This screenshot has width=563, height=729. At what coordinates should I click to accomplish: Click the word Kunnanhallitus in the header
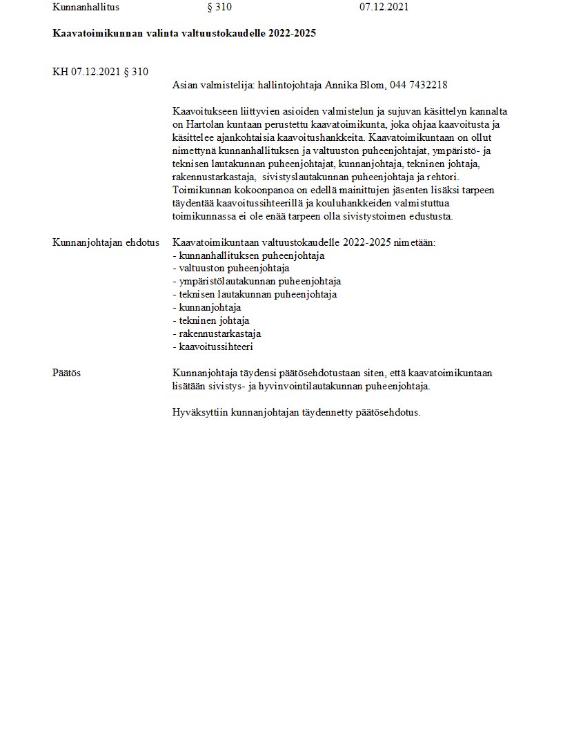coord(86,8)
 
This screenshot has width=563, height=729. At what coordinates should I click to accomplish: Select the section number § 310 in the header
coord(219,8)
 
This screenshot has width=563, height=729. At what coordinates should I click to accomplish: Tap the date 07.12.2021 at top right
coord(384,8)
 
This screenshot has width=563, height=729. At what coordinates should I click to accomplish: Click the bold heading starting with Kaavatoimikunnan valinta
coord(184,33)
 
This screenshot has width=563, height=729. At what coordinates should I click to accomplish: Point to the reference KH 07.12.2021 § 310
coord(100,72)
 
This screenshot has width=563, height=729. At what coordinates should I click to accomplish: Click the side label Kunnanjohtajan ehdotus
coord(106,242)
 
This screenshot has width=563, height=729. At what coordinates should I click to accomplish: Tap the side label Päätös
coord(67,373)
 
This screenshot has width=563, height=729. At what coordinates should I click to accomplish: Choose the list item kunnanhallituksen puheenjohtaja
coord(251,255)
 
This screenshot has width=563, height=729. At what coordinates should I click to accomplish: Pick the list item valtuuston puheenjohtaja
coord(233,269)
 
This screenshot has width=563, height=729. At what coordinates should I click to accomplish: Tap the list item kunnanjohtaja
coord(209,308)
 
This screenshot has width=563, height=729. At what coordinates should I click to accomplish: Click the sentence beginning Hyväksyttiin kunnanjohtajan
coord(296,413)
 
